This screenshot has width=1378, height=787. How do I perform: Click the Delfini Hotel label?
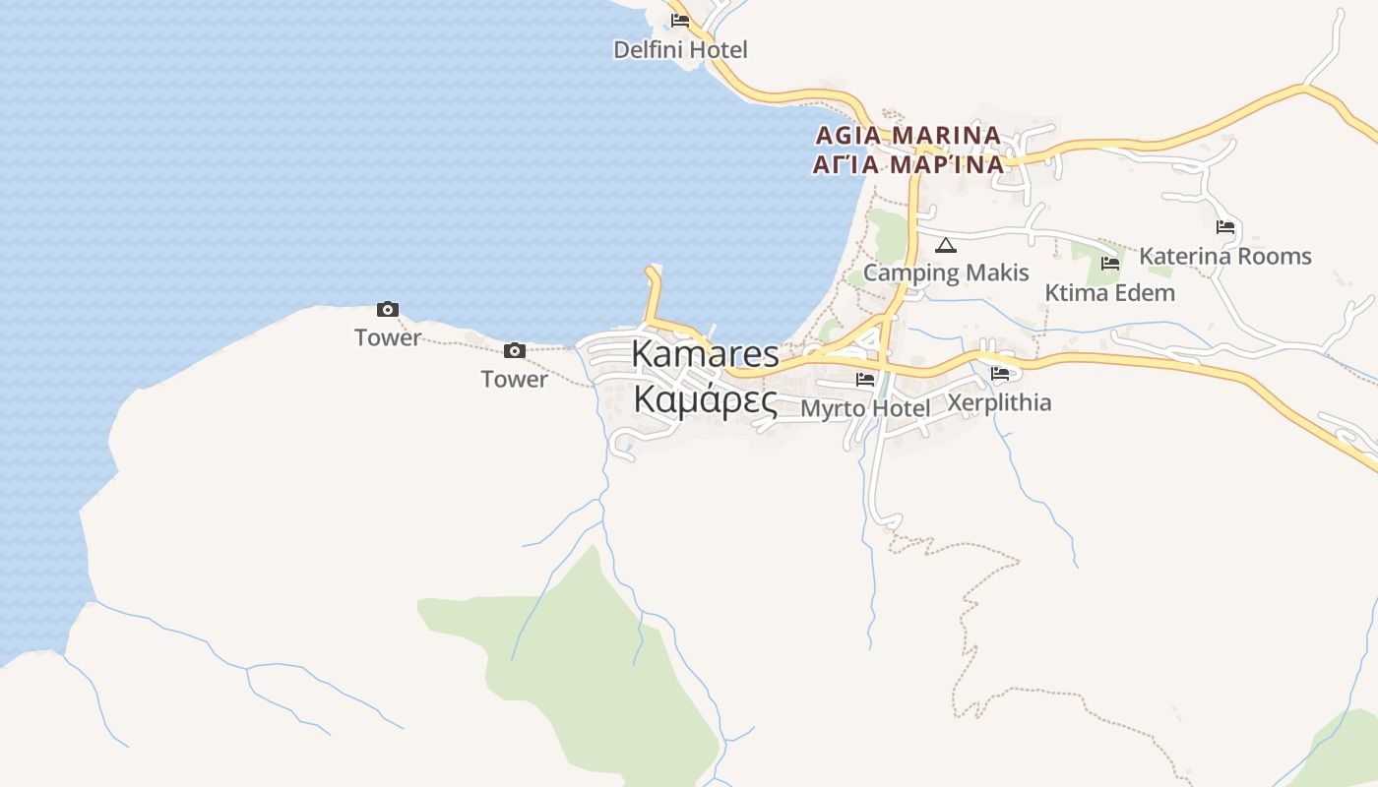[x=680, y=49]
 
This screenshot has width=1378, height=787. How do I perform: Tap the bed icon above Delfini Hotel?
[x=680, y=21]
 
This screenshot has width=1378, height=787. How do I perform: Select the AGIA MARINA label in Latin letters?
[x=908, y=135]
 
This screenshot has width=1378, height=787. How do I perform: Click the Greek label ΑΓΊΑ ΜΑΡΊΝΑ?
[x=908, y=164]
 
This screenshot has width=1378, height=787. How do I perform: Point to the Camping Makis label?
[x=946, y=272]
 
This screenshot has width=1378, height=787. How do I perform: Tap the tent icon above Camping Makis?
[x=946, y=245]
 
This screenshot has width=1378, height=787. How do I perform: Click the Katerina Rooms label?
[x=1225, y=256]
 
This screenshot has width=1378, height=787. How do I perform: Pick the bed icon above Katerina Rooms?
[x=1225, y=227]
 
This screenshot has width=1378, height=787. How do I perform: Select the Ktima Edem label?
[x=1109, y=292]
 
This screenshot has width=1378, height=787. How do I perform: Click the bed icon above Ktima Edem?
[x=1110, y=264]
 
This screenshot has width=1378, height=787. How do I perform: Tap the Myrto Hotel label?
[x=865, y=407]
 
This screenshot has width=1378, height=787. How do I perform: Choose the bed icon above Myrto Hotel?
[x=865, y=380]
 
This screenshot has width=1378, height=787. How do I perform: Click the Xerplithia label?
[x=999, y=402]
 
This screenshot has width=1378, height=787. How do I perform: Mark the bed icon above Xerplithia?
[x=1000, y=374]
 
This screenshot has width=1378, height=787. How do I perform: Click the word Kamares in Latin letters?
[x=705, y=354]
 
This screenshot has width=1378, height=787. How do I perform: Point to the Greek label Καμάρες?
[x=705, y=400]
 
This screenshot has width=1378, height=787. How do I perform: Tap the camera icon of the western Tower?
[x=388, y=309]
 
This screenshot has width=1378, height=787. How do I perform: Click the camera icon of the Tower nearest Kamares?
[x=514, y=351]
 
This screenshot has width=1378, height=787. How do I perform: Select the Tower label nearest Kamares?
[x=514, y=379]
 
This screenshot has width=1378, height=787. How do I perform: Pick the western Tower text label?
[x=388, y=337]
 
